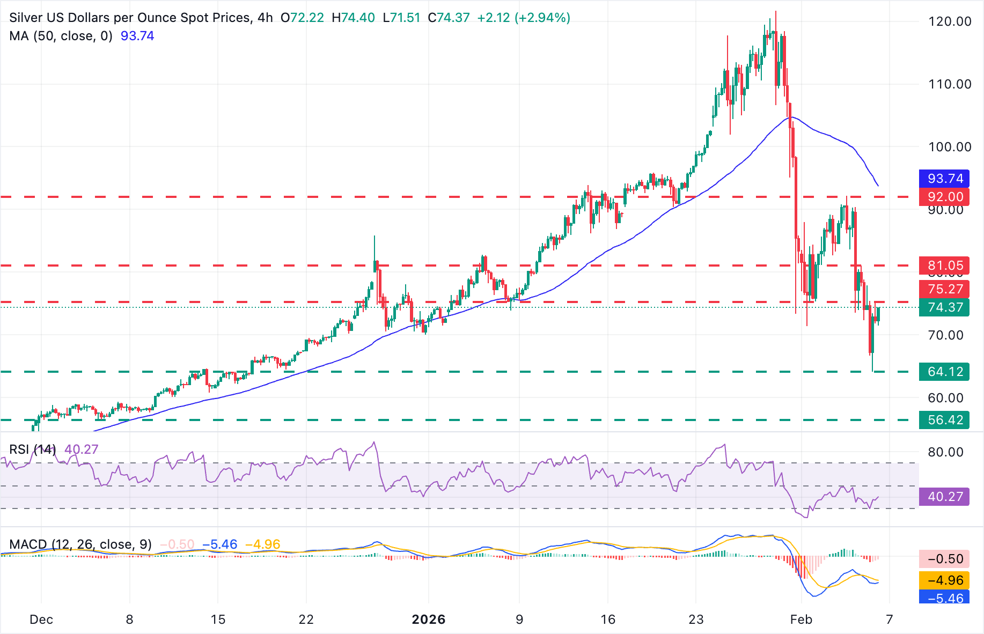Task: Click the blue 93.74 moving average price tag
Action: tap(945, 179)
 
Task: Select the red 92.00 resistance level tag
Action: tap(945, 197)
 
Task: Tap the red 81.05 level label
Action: tap(945, 266)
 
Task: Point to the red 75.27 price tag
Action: tap(945, 289)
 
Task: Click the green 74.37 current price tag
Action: tap(945, 307)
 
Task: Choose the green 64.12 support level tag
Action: tap(945, 372)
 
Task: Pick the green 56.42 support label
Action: tap(945, 420)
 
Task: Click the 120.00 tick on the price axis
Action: tap(949, 21)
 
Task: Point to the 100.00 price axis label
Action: tap(949, 147)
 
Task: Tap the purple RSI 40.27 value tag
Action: tap(945, 497)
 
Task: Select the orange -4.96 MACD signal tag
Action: tap(945, 580)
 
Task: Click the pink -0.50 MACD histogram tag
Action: tap(945, 559)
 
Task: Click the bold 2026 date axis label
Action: tap(428, 620)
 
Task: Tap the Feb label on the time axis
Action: tap(801, 620)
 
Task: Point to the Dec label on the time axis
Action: tap(41, 620)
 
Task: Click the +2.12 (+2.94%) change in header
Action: tap(523, 18)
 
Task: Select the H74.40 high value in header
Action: tap(353, 18)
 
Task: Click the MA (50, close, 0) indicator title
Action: tap(61, 36)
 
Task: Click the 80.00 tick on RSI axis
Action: tap(945, 452)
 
